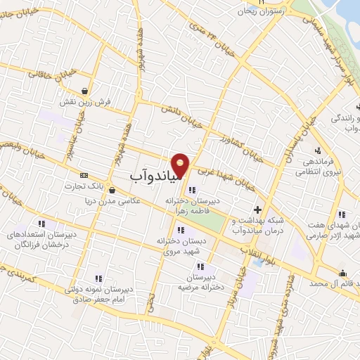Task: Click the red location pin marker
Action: coord(181,165)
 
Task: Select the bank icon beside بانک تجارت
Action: coord(84,175)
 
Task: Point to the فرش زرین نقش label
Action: coord(85,102)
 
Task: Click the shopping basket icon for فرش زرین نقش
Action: coord(85,91)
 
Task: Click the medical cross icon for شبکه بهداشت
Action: coord(258,210)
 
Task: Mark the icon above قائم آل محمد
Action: coord(342,274)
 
